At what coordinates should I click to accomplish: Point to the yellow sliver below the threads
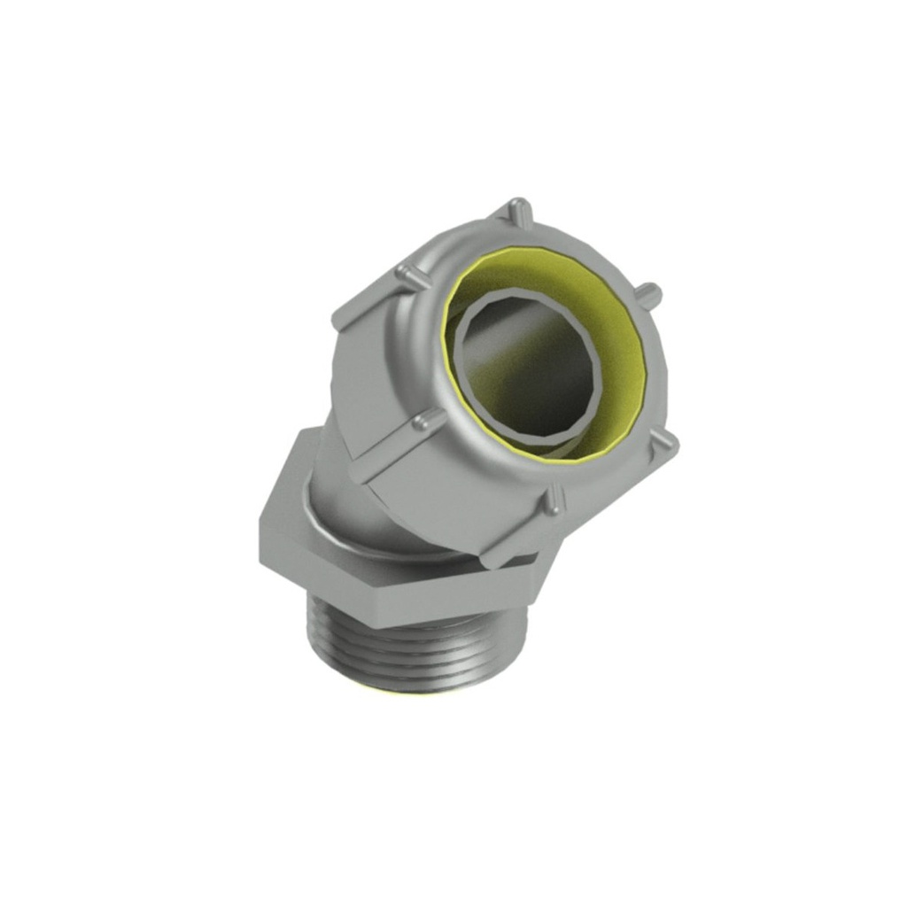pos(416,690)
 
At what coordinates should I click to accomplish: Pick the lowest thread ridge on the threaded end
pos(416,678)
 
